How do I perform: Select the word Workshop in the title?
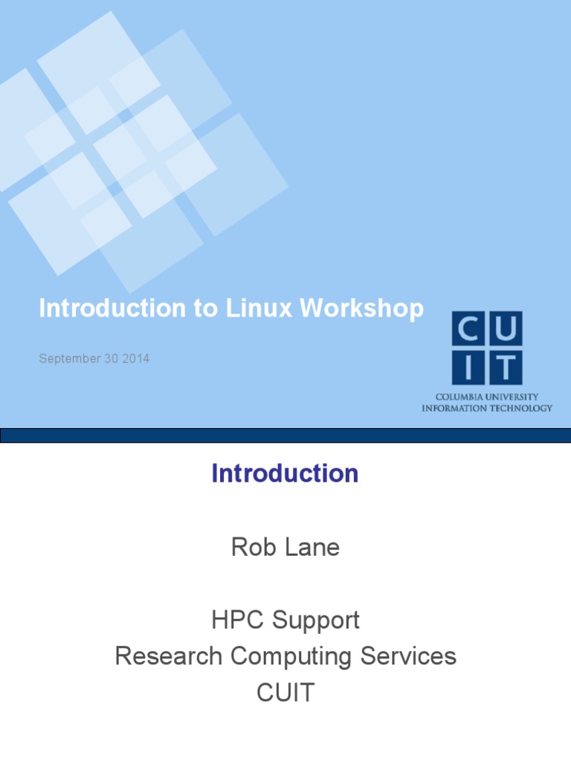pos(362,308)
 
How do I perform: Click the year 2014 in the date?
pos(137,359)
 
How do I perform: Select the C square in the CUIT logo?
pos(468,328)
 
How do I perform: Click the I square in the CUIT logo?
pos(468,366)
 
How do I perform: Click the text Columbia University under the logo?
pos(487,398)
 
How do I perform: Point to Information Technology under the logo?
pos(487,408)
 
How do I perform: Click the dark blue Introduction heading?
pos(285,473)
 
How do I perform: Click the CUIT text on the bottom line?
pos(285,693)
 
